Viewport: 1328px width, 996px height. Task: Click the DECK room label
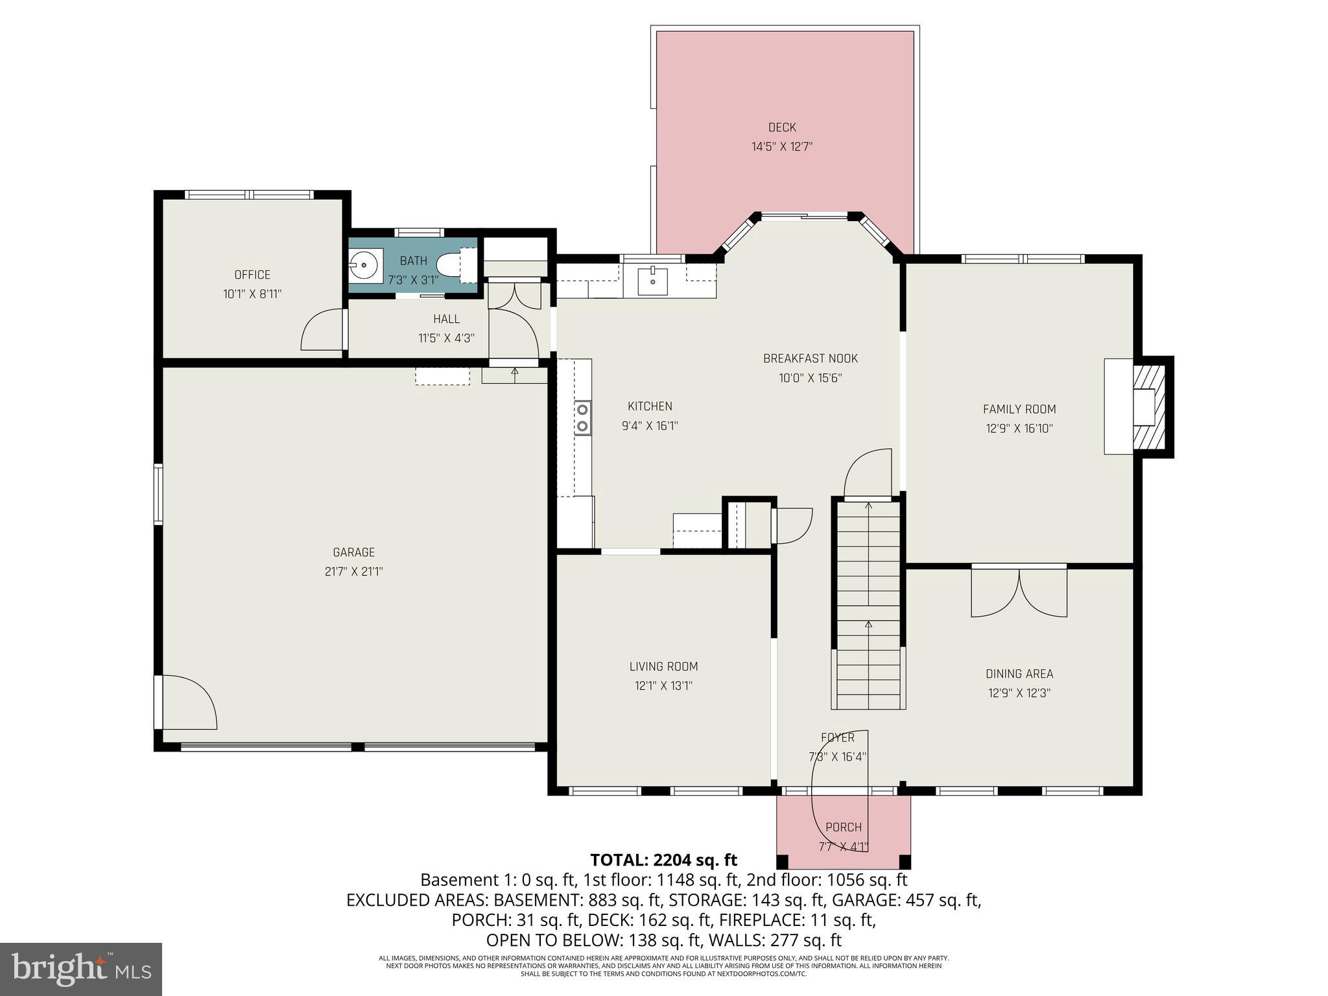781,128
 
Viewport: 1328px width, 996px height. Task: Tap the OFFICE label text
252,275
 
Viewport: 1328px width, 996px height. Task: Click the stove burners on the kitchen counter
582,417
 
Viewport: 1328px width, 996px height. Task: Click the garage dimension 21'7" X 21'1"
353,571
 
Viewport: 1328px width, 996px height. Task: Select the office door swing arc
322,329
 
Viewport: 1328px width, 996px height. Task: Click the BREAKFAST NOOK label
810,359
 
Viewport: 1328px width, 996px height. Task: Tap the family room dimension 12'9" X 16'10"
1019,429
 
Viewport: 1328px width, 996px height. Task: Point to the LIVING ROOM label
663,667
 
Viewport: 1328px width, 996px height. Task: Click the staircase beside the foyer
868,603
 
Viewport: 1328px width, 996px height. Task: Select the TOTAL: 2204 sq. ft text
663,860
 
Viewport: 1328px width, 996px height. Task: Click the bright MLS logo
80,969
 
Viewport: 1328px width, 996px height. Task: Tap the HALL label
446,319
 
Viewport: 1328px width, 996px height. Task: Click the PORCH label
843,827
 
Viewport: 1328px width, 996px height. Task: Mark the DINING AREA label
1019,674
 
